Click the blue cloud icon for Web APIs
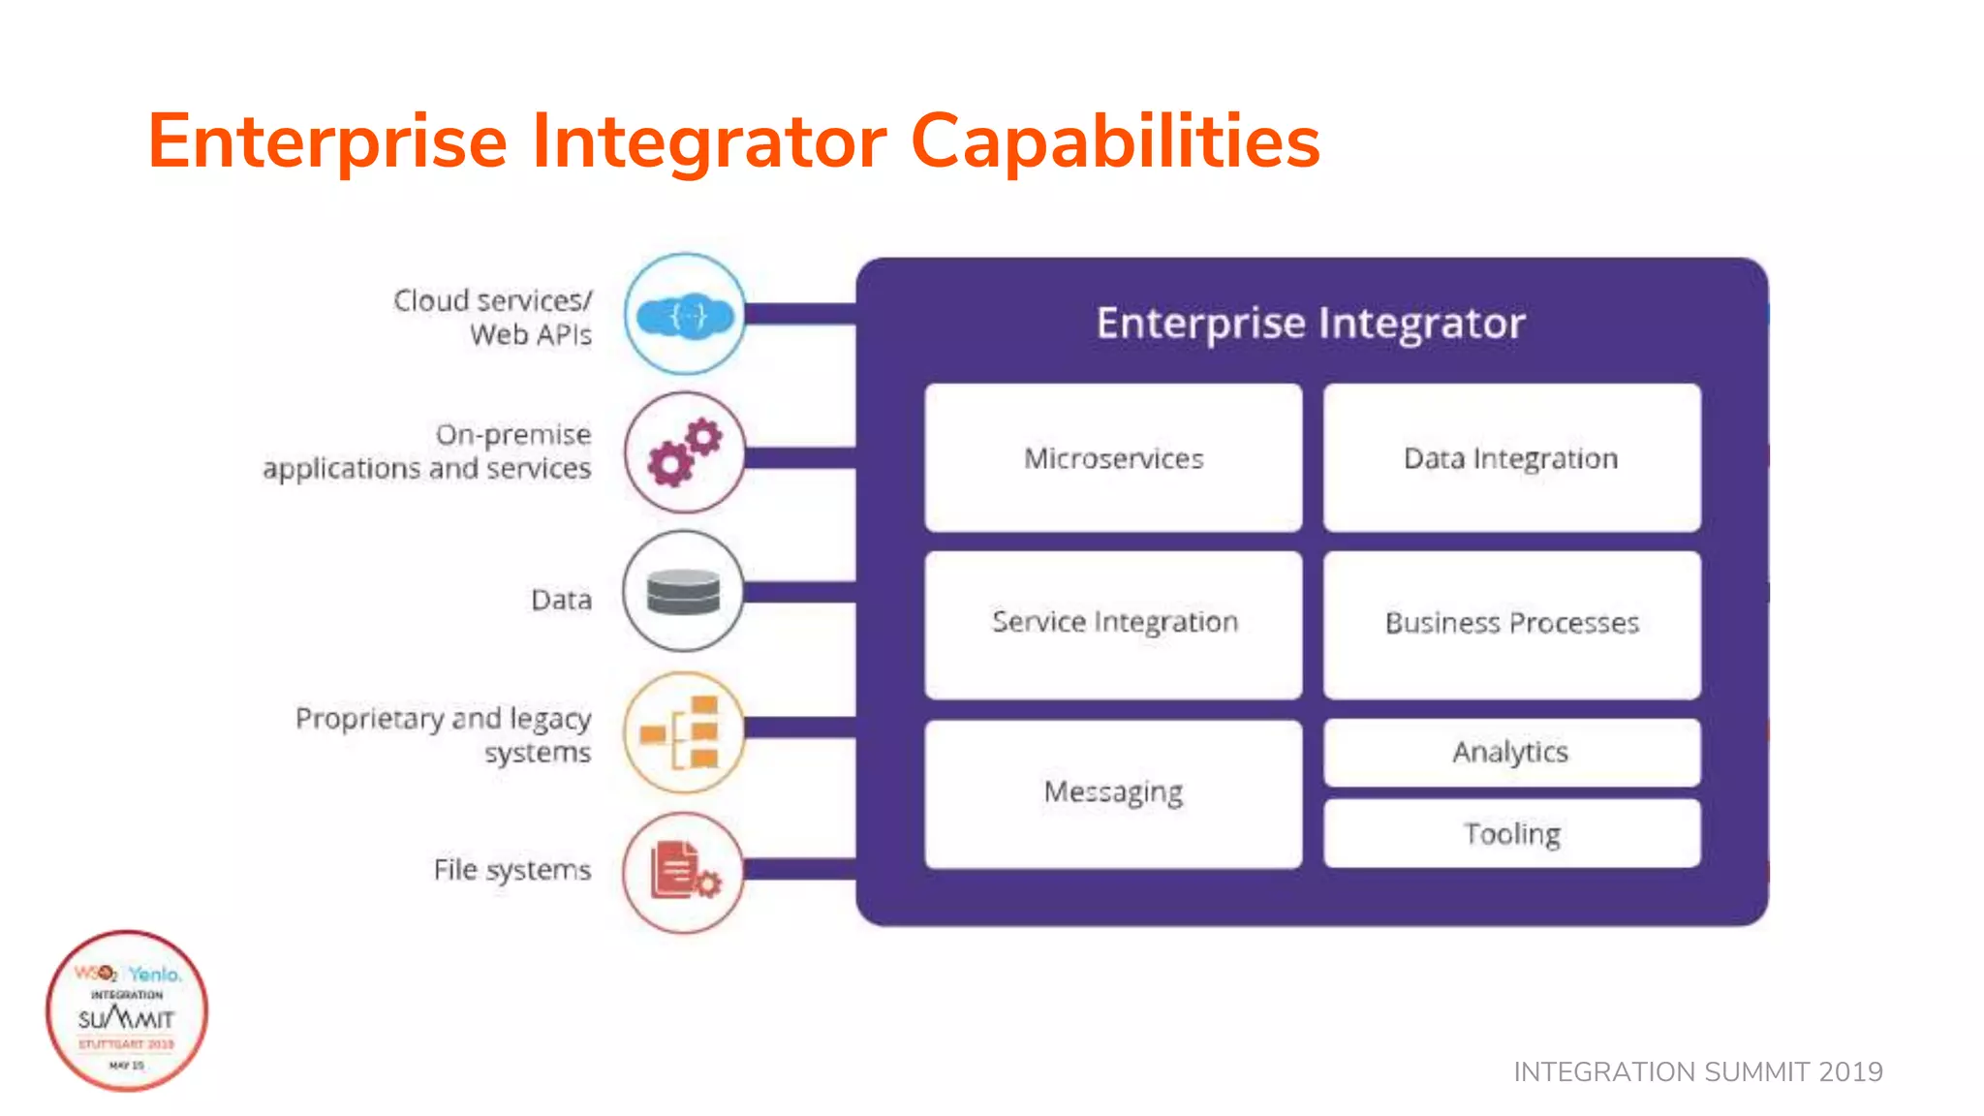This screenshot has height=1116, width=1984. (685, 315)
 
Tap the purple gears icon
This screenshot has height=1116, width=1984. (685, 452)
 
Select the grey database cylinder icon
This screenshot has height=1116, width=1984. (684, 591)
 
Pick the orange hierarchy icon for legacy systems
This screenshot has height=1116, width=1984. (684, 732)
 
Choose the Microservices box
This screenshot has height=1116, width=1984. (1113, 458)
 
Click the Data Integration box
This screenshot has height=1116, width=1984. (1511, 458)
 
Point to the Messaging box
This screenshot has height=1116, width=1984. (1113, 793)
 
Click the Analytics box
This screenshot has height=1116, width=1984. (1511, 753)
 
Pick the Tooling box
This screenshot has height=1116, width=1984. (1511, 834)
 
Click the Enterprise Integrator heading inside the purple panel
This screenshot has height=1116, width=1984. (1311, 324)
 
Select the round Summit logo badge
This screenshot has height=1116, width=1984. (127, 1011)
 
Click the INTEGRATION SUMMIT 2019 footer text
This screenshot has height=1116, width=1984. (1697, 1071)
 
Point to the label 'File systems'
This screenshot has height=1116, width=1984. (511, 870)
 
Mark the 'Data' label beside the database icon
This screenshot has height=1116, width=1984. (561, 600)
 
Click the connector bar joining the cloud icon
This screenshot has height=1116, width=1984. (800, 314)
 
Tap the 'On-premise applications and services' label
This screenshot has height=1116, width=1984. (427, 451)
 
